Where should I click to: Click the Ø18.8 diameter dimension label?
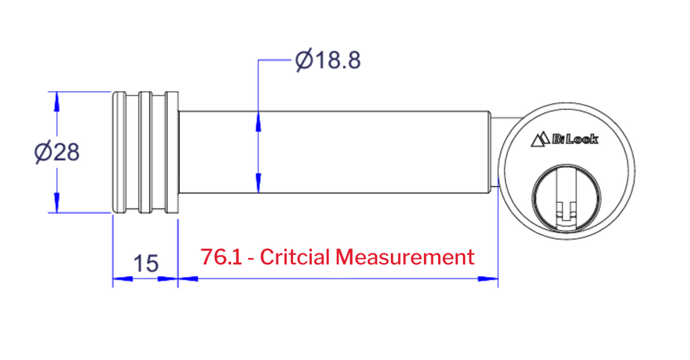click(x=328, y=60)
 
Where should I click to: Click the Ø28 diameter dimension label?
click(x=57, y=152)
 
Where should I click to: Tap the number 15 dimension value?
click(x=146, y=263)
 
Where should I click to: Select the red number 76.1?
click(x=221, y=257)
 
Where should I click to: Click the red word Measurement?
click(x=405, y=257)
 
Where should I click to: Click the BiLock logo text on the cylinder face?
click(x=575, y=140)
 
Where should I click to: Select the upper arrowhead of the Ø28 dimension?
click(x=57, y=102)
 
